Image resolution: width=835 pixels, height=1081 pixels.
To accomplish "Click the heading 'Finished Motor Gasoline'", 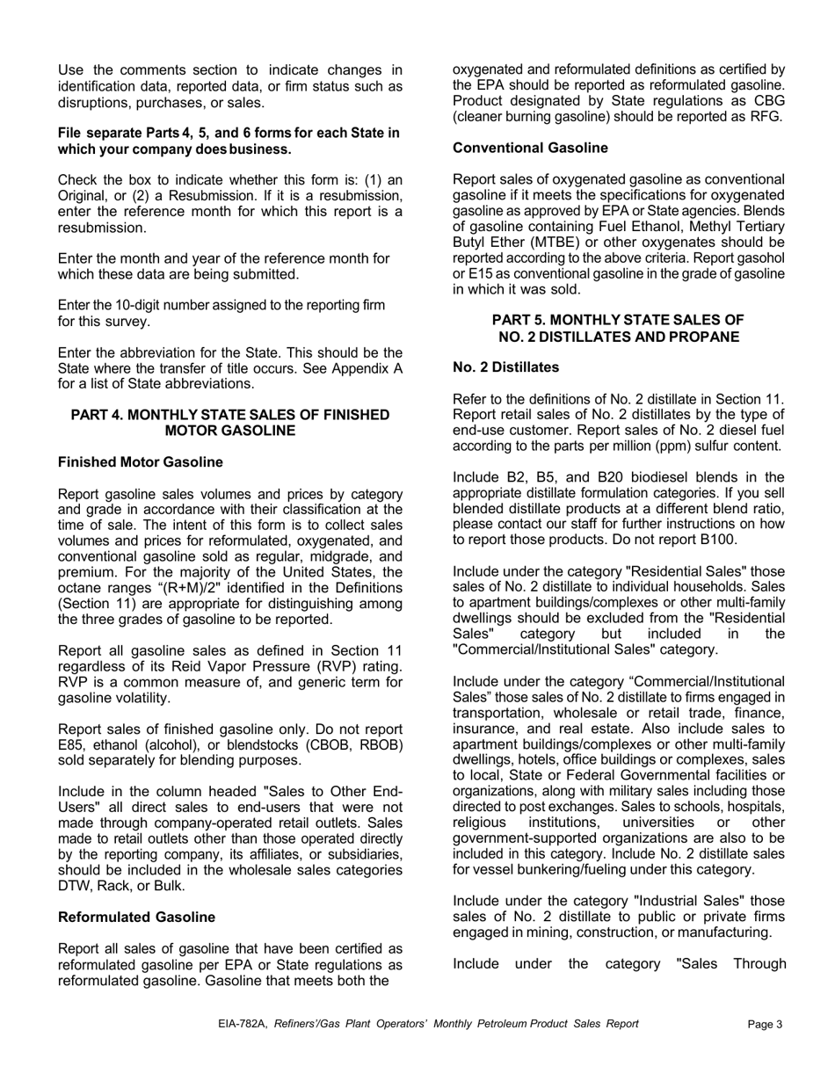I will (140, 462).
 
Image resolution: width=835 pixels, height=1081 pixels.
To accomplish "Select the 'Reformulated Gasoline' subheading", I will (136, 918).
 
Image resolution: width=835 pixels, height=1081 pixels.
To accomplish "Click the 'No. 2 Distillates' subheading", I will (505, 366).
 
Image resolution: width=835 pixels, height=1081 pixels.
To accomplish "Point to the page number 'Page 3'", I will (765, 1024).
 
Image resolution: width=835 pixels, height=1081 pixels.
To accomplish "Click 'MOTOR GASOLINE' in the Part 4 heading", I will (229, 431).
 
